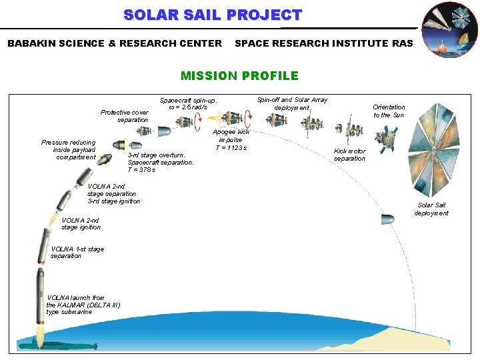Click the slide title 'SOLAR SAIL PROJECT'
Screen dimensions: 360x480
(x=213, y=15)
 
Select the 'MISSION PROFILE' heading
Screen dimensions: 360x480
(x=239, y=76)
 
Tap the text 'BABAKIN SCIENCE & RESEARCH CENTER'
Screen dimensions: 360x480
(x=115, y=43)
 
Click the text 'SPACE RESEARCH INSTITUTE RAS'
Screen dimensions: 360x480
(x=324, y=43)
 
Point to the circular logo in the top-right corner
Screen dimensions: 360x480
(x=451, y=29)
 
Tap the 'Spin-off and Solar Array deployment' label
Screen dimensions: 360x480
(x=292, y=103)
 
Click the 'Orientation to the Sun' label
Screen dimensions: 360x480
(x=389, y=111)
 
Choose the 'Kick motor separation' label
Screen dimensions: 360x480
(x=349, y=155)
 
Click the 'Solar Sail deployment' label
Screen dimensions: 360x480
(x=431, y=209)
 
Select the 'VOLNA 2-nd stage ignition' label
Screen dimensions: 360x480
(x=81, y=223)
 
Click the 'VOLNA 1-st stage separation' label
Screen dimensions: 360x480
(x=77, y=252)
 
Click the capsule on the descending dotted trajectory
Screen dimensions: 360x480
(x=387, y=219)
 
